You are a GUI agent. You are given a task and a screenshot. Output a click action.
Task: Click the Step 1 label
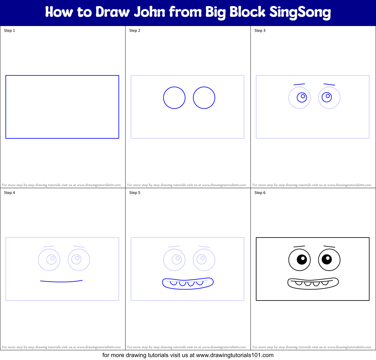point(9,31)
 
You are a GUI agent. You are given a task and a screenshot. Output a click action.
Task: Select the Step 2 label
point(135,31)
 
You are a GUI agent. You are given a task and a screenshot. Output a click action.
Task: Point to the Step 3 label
point(260,31)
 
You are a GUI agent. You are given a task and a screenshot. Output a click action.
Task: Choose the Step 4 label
point(9,193)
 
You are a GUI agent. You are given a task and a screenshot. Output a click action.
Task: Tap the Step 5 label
point(135,193)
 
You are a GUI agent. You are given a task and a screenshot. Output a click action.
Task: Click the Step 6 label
point(260,193)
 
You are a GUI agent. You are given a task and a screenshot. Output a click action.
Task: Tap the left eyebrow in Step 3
point(299,84)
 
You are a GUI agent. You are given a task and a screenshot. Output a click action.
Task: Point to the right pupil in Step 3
point(327,97)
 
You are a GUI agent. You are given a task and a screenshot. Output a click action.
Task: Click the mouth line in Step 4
point(61,281)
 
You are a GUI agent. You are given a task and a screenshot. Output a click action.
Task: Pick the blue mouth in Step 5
point(188,284)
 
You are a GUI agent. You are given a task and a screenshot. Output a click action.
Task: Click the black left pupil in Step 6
point(302,260)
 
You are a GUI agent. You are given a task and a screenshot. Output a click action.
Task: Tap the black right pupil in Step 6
point(327,259)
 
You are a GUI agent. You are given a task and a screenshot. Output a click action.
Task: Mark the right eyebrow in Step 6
point(329,247)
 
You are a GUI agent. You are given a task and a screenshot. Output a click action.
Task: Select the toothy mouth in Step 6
point(313,284)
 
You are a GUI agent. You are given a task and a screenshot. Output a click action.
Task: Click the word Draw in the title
point(113,12)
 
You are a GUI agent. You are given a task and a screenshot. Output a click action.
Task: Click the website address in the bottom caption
point(235,355)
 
